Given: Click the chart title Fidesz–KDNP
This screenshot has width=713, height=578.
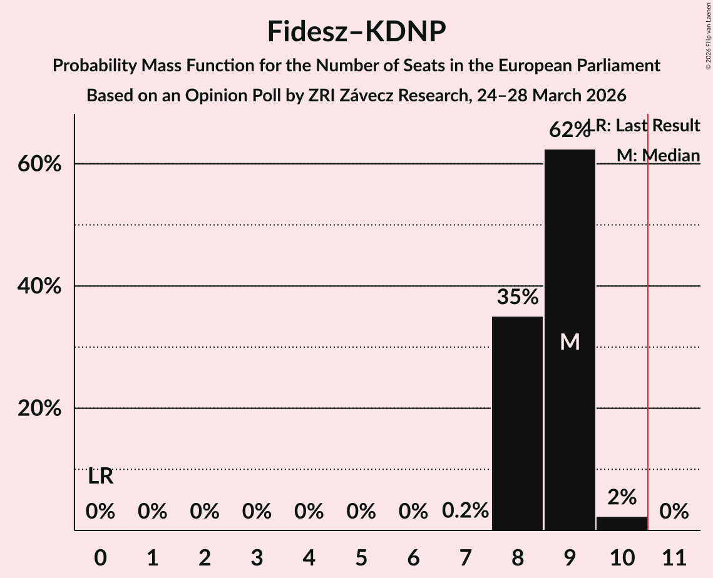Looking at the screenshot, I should pos(356,31).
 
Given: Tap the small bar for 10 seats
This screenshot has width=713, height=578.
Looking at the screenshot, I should pos(622,524).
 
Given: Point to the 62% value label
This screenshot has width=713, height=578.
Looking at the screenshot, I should pos(570,131).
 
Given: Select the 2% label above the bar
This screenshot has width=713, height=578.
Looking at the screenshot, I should pos(622,497).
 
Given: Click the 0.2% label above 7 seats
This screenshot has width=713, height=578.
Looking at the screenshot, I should pos(465,511).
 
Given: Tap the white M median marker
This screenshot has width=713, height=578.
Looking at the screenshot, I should pos(570,342).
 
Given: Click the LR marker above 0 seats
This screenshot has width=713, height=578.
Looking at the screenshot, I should pos(100,477).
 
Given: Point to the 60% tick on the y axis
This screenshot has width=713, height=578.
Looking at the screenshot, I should pos(43,165).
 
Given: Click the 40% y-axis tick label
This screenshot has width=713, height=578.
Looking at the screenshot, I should pos(43,286).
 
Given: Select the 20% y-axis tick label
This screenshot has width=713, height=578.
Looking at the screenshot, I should pos(43,408).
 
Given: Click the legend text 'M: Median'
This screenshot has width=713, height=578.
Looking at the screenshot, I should pos(658,156).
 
